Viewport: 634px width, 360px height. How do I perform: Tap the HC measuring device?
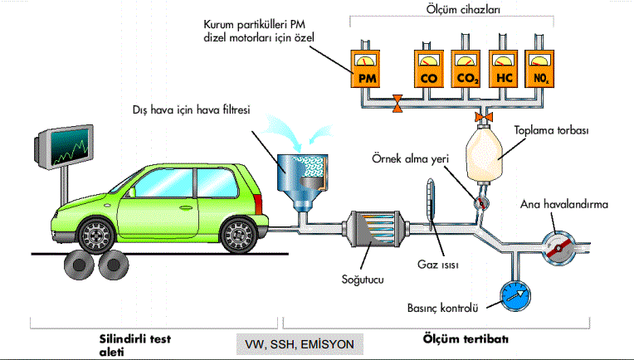(505, 70)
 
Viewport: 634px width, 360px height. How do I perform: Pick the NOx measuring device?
(540, 70)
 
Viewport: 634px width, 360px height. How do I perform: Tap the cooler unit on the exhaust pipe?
(370, 229)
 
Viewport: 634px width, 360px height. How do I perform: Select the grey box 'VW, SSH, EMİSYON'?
(300, 343)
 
